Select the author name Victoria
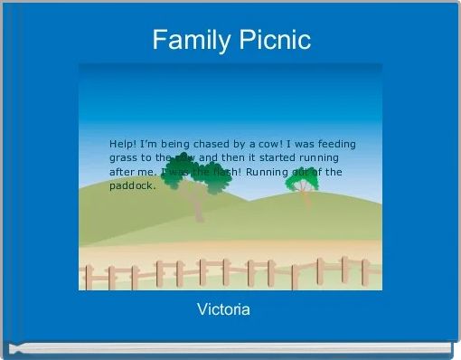click(223, 310)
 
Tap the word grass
click(124, 157)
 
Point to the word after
click(123, 172)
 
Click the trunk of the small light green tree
click(306, 199)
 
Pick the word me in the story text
click(151, 172)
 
